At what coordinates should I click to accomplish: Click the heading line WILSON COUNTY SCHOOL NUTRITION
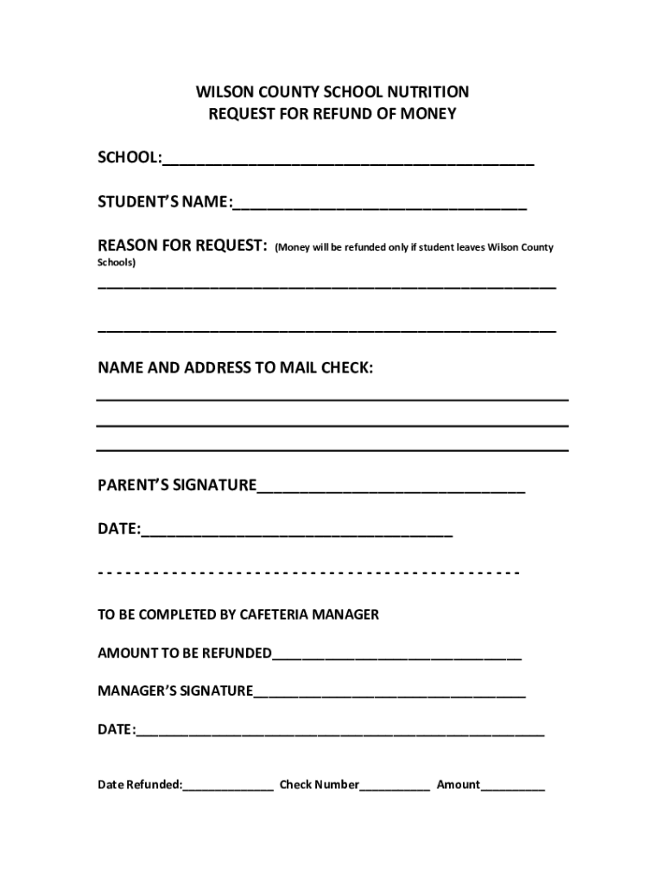pyautogui.click(x=332, y=92)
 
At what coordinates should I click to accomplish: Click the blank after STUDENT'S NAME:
pyautogui.click(x=379, y=205)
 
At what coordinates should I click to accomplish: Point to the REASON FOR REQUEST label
pyautogui.click(x=181, y=246)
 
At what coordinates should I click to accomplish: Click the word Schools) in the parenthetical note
pyautogui.click(x=117, y=262)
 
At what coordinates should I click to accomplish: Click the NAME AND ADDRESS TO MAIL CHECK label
pyautogui.click(x=235, y=368)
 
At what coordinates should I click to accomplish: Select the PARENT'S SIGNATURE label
pyautogui.click(x=177, y=486)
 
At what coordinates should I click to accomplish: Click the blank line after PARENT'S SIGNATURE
pyautogui.click(x=390, y=488)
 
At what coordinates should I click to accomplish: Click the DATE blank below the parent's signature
pyautogui.click(x=296, y=532)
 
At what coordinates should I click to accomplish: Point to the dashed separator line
pyautogui.click(x=308, y=573)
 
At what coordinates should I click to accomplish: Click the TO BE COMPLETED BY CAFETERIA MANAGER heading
pyautogui.click(x=238, y=615)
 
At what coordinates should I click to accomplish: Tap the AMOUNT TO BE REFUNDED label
pyautogui.click(x=185, y=653)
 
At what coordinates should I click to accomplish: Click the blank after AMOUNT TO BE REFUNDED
pyautogui.click(x=396, y=655)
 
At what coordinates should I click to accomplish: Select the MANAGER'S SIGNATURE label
pyautogui.click(x=175, y=691)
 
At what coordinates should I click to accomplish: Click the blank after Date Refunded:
pyautogui.click(x=228, y=786)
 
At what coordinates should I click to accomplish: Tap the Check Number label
pyautogui.click(x=319, y=785)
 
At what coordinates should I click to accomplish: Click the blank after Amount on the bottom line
pyautogui.click(x=513, y=786)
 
